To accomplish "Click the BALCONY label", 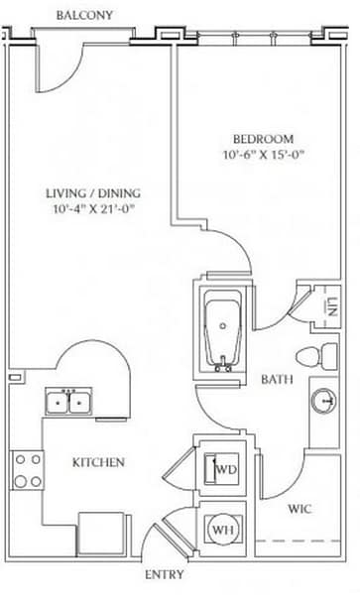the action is coord(84,16).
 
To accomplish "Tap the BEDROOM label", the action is coord(264,139).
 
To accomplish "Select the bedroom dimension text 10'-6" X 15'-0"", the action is coord(264,155).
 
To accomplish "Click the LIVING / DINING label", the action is coord(93,193).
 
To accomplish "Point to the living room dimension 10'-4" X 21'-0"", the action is coord(94,209).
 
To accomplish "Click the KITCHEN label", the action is coord(98,462).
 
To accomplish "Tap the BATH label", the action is coord(277,379).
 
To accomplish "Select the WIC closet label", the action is coord(300,509).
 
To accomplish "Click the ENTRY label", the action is coord(165,574).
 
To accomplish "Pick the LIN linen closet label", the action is coord(332,306).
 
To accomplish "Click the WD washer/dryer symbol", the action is coord(226,469).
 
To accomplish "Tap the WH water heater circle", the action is coord(223,530).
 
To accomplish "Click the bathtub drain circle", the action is coord(223,325).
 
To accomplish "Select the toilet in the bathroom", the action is coord(316,356).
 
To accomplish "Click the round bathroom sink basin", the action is coord(323,401).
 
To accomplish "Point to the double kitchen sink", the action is coord(68,402).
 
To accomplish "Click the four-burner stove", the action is coord(28,470).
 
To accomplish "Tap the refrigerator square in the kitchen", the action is coord(101,534).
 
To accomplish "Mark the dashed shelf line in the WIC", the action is coord(299,541).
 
